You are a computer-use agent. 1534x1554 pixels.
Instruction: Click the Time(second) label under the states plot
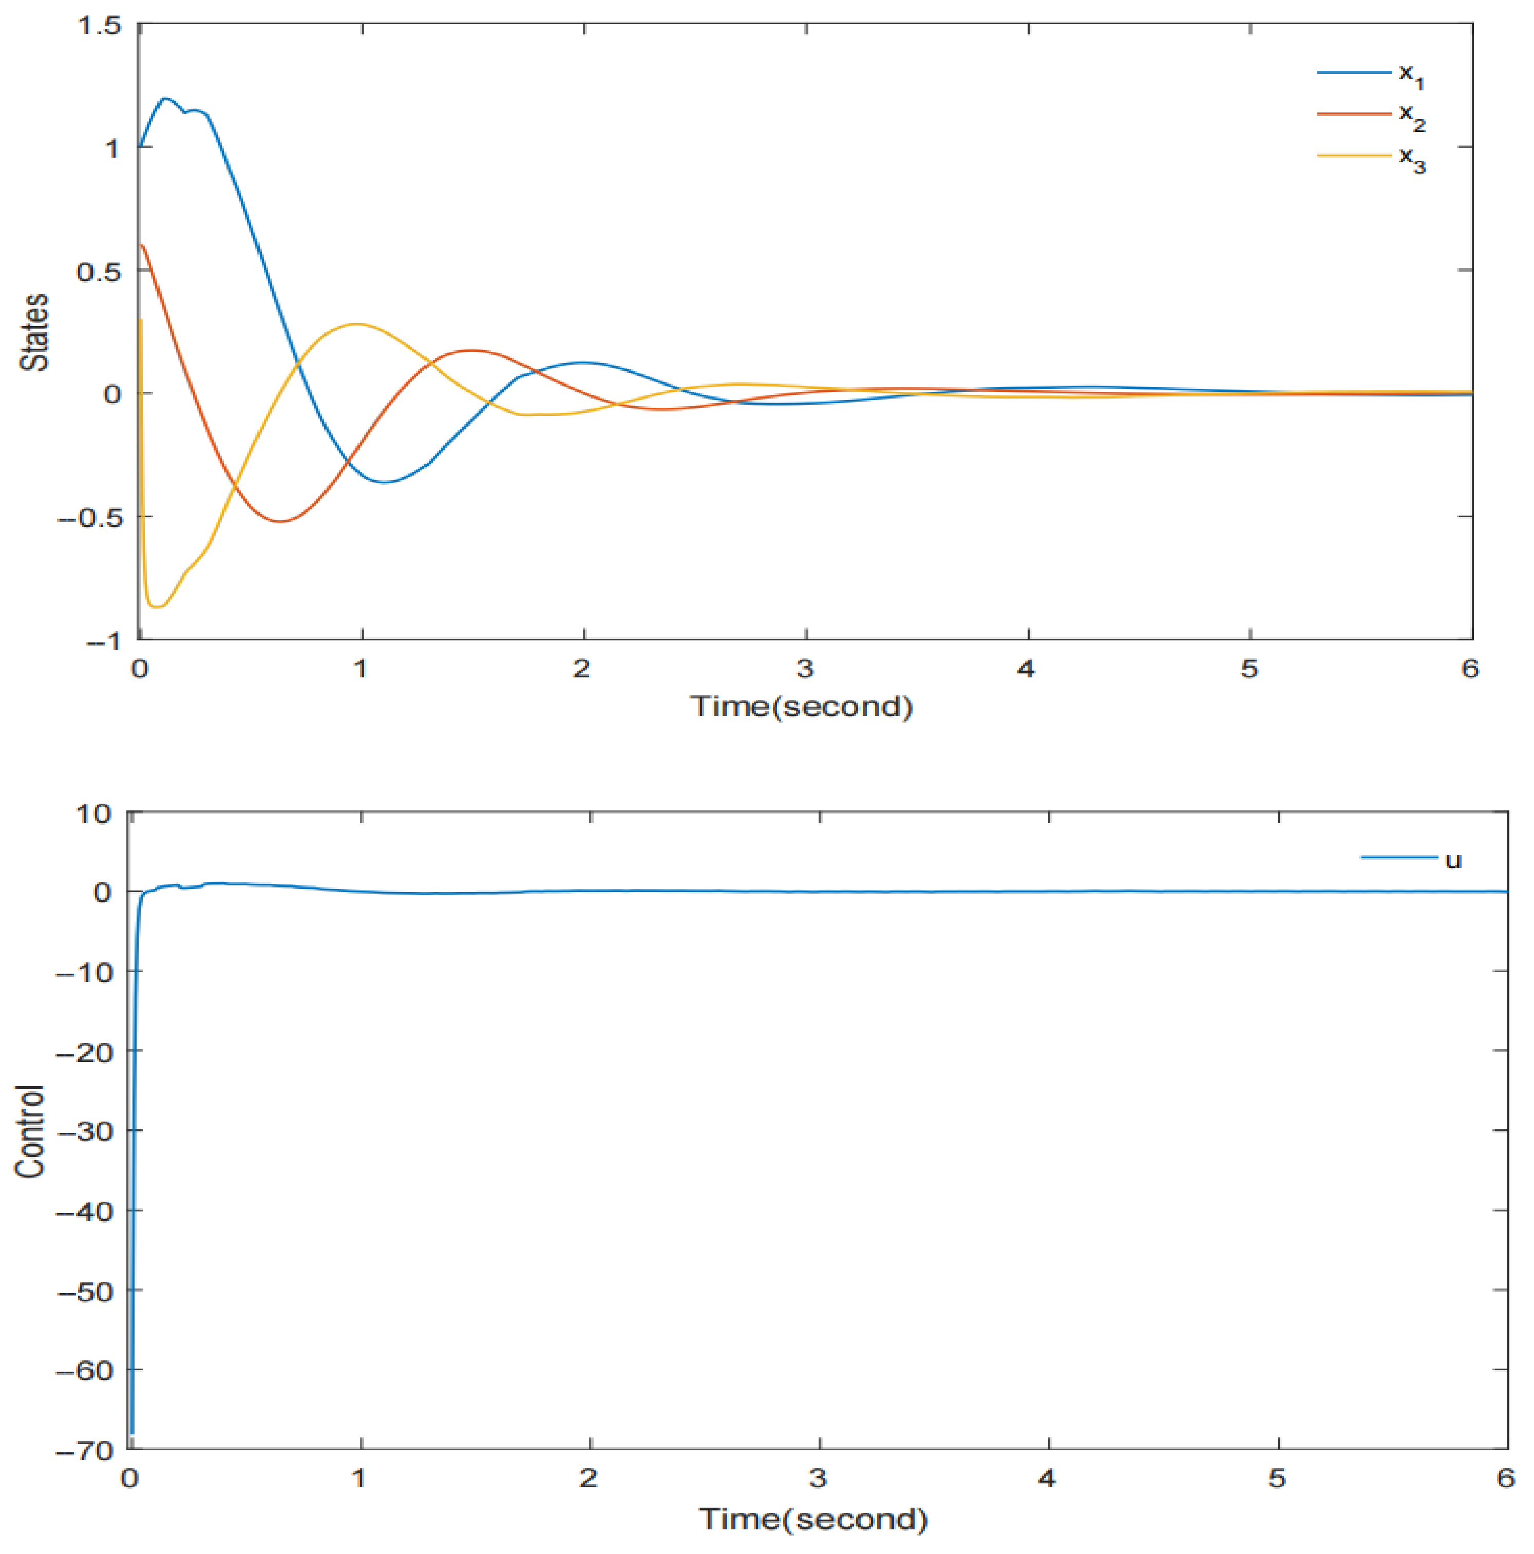pos(801,706)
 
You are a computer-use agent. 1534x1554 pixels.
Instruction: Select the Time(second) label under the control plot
pos(812,1518)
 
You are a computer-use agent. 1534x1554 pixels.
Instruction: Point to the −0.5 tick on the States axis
pos(90,517)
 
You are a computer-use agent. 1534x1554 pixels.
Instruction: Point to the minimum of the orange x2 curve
pos(280,521)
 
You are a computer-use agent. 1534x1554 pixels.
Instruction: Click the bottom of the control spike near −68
pos(132,1432)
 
